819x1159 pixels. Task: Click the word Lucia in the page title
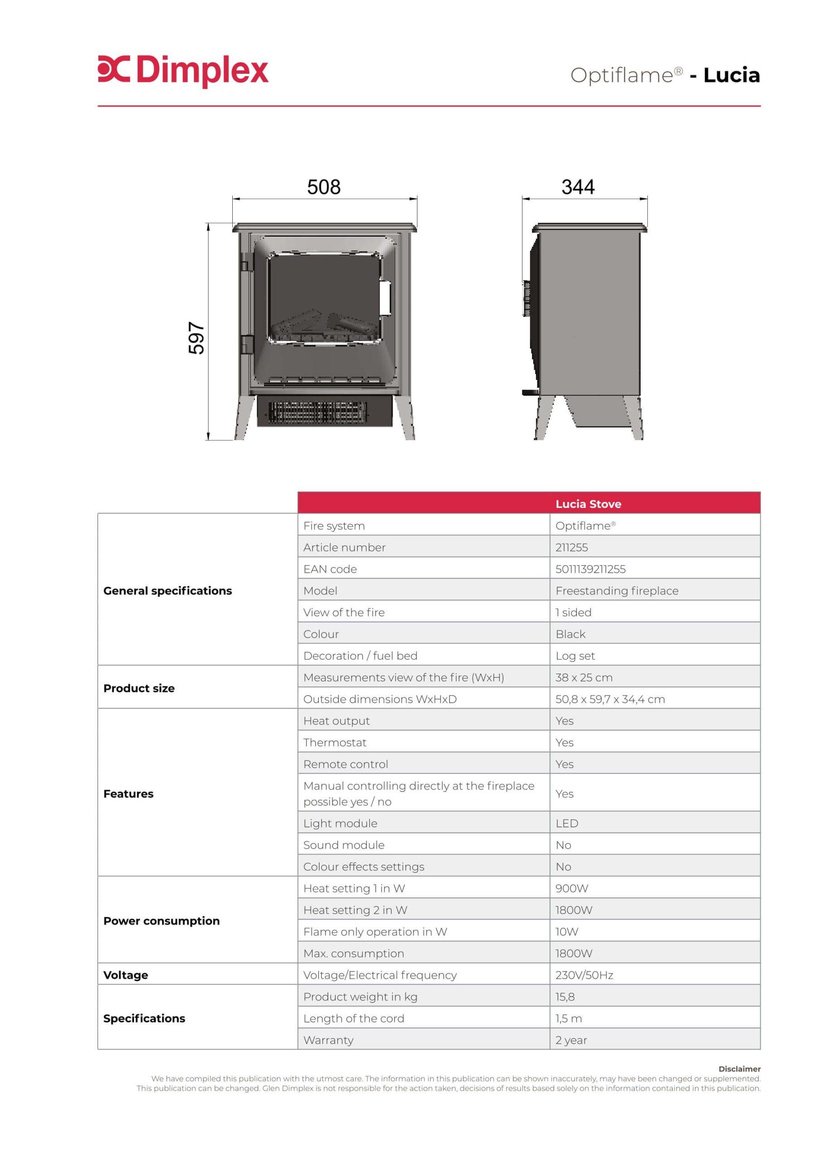(731, 75)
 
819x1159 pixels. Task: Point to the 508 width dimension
(324, 187)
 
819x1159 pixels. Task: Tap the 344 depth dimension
(578, 187)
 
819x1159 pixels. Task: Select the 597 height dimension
(196, 338)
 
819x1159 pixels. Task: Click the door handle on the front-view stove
(385, 297)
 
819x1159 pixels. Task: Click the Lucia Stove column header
(588, 504)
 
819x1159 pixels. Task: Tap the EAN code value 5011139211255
(590, 569)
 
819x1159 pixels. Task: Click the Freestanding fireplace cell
(617, 591)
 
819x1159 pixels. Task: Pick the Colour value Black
(570, 634)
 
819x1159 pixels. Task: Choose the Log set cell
(575, 656)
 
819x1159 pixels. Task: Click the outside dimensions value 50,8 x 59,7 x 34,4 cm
(609, 699)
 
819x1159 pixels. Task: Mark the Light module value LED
(566, 824)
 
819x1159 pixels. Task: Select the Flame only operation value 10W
(566, 932)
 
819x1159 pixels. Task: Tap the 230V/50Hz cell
(584, 975)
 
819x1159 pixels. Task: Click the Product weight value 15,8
(565, 997)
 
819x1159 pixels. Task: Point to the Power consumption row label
(161, 921)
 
